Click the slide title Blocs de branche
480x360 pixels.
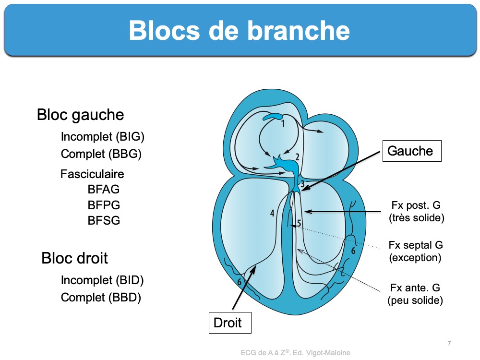[239, 30]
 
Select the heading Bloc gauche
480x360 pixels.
[80, 115]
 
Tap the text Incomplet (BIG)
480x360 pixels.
[102, 137]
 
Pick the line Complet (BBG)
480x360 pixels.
[101, 154]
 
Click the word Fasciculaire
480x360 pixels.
[92, 174]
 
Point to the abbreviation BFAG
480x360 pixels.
[104, 190]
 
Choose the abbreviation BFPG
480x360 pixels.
[104, 205]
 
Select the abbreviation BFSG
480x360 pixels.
[104, 221]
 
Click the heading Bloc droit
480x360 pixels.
[75, 258]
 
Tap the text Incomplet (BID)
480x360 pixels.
[102, 280]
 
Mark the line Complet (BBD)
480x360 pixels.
[101, 298]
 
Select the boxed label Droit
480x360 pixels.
[228, 323]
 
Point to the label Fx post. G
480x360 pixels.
[416, 206]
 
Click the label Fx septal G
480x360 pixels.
[416, 245]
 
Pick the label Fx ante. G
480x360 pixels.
[415, 288]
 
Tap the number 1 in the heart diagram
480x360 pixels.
[283, 124]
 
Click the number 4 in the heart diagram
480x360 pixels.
[272, 213]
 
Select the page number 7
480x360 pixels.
[449, 343]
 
